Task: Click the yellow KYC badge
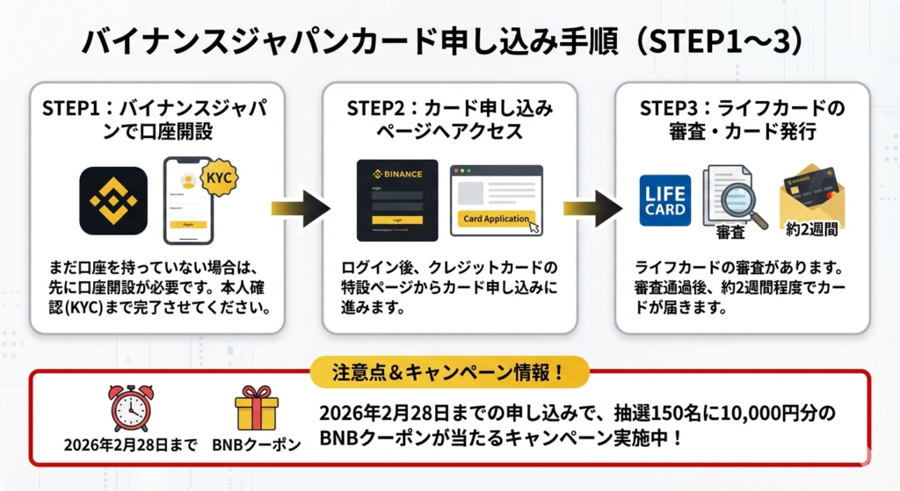pyautogui.click(x=219, y=177)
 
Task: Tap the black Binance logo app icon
pyautogui.click(x=113, y=201)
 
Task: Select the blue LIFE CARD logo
pyautogui.click(x=664, y=200)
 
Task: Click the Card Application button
pyautogui.click(x=496, y=219)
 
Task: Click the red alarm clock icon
pyautogui.click(x=130, y=408)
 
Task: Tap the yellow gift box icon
pyautogui.click(x=257, y=408)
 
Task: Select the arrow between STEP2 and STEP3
pyautogui.click(x=593, y=208)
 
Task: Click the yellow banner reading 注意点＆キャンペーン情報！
pyautogui.click(x=449, y=372)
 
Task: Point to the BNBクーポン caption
pyautogui.click(x=257, y=444)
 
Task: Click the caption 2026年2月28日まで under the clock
pyautogui.click(x=130, y=444)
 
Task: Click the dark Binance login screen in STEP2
pyautogui.click(x=397, y=200)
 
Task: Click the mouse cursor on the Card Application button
pyautogui.click(x=534, y=227)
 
